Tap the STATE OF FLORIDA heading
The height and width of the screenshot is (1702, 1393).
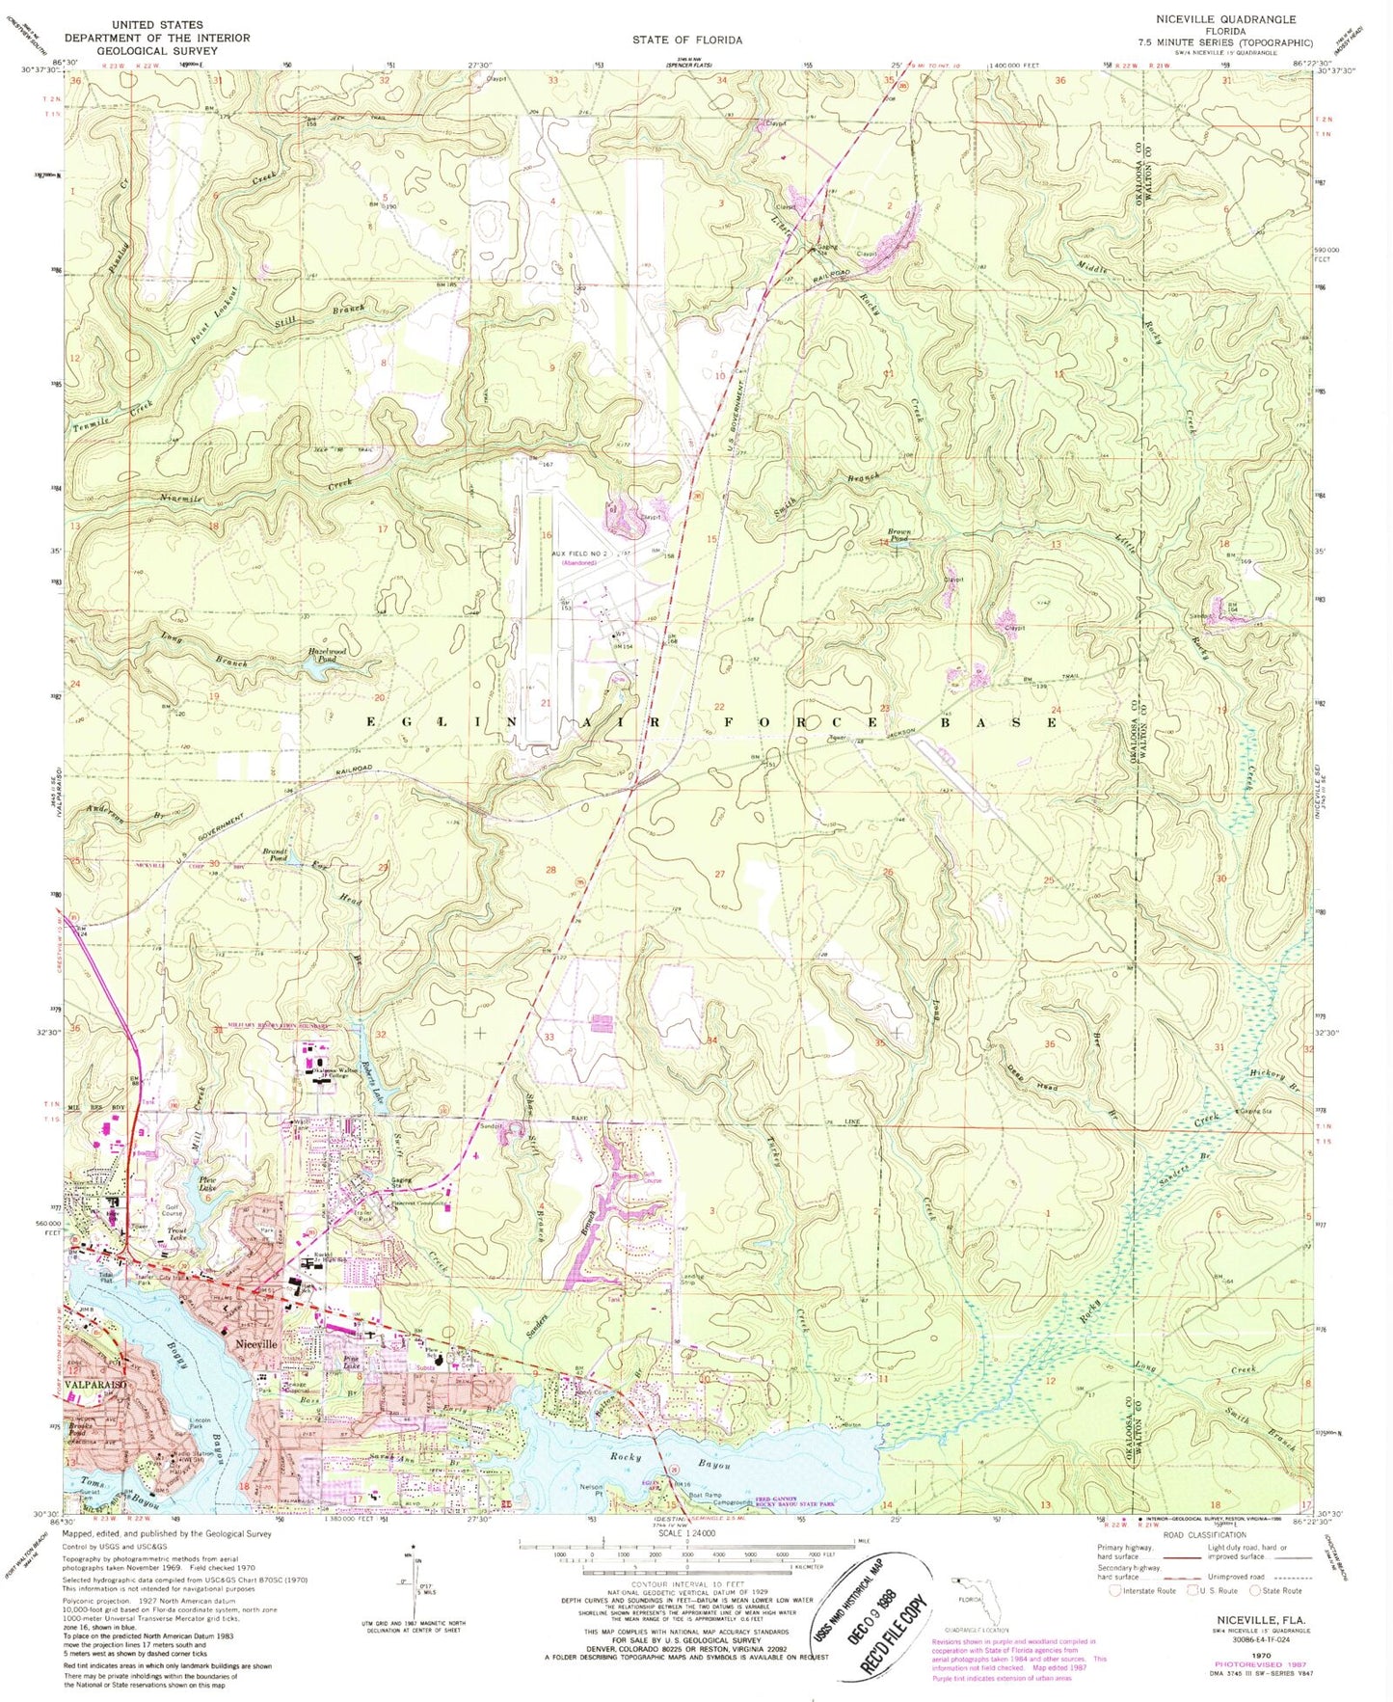686,40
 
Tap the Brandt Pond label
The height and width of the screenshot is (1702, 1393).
279,854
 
